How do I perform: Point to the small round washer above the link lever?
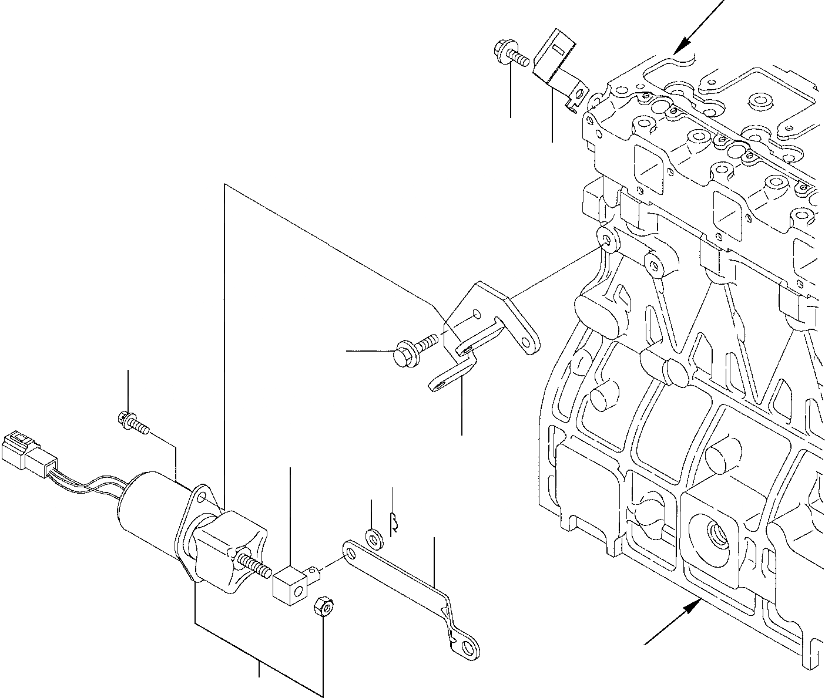pyautogui.click(x=373, y=537)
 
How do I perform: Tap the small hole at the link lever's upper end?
pyautogui.click(x=351, y=552)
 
